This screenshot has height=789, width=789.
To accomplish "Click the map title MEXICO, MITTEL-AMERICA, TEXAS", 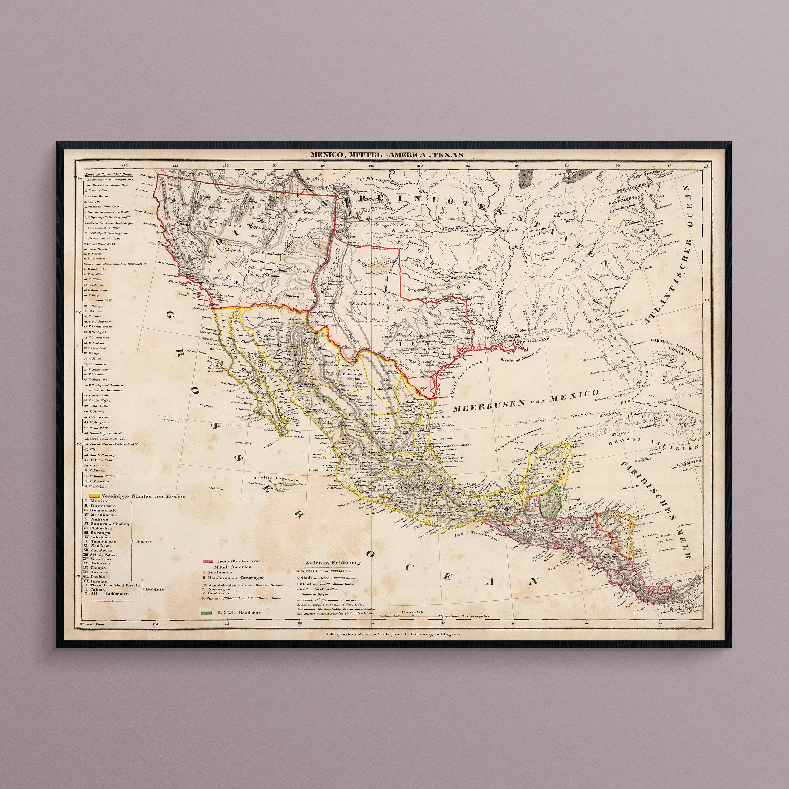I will [386, 155].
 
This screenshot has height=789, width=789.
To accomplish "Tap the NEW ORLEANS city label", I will [533, 338].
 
